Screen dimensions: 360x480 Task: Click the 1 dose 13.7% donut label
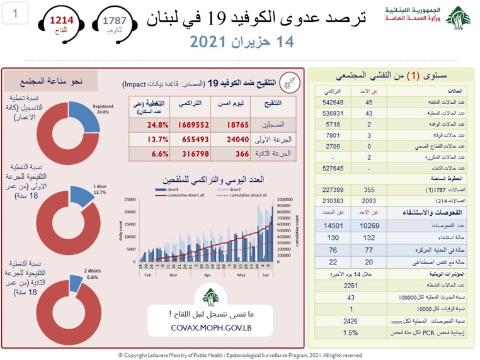99,190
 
